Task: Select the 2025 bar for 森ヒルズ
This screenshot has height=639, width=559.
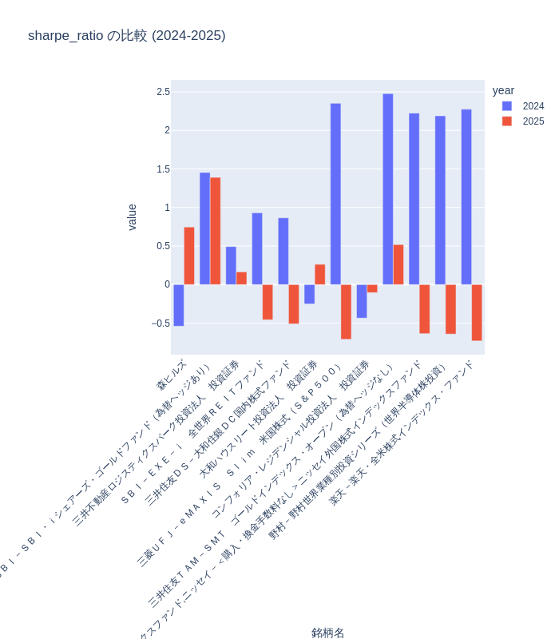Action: [x=189, y=256]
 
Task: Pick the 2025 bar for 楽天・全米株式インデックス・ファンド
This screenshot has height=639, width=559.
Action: [x=477, y=312]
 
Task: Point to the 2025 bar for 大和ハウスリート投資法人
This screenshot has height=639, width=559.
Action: [x=320, y=274]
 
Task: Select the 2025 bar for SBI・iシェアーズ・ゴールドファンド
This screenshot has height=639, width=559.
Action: [x=216, y=231]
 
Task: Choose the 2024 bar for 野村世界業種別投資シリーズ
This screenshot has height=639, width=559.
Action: [x=440, y=200]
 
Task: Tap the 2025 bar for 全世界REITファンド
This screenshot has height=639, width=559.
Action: [x=268, y=302]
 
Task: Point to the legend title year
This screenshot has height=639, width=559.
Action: [x=503, y=91]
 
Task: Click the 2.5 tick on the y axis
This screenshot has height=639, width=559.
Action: [x=163, y=92]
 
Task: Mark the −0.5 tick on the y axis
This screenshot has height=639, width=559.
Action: [x=161, y=323]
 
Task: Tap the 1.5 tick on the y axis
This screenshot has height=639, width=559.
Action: [x=163, y=169]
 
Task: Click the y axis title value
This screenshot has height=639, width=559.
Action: [x=133, y=217]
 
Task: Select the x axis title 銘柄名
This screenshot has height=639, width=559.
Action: [x=327, y=633]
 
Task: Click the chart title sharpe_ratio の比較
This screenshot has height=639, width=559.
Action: [x=126, y=36]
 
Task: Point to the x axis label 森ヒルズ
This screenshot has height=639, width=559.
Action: [x=172, y=374]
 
